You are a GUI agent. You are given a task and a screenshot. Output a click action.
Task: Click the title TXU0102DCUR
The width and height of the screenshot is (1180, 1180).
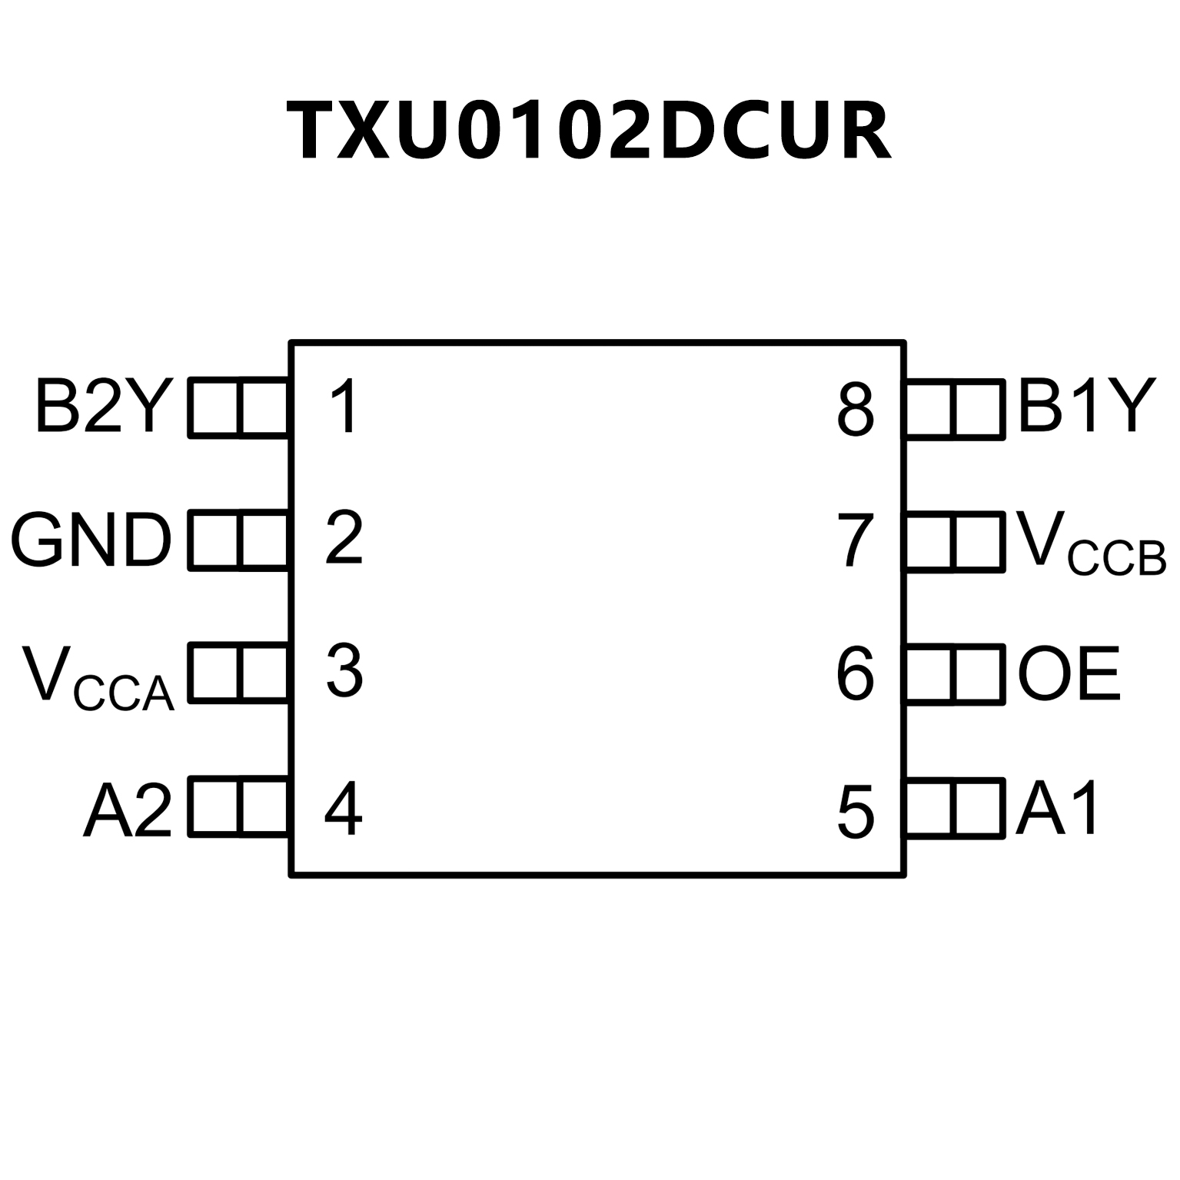(589, 131)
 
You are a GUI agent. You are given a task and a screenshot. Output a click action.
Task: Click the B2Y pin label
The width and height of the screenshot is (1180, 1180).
(101, 406)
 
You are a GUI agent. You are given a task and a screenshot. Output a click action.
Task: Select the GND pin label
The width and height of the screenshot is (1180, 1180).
(91, 540)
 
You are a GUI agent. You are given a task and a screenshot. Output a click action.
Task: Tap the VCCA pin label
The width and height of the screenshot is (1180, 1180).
(98, 676)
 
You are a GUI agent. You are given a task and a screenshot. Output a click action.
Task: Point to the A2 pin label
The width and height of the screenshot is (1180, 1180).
(128, 809)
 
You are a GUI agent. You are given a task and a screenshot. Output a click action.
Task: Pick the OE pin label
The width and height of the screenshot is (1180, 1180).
(1069, 674)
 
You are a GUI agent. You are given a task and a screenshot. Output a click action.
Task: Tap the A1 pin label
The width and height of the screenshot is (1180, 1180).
(1058, 808)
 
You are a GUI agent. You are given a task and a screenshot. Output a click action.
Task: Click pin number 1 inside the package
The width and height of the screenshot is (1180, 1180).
(343, 407)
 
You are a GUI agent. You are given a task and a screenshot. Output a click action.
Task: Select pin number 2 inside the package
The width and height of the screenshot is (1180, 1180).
(343, 538)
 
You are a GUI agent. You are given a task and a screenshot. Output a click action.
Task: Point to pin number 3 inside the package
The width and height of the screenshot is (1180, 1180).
(344, 671)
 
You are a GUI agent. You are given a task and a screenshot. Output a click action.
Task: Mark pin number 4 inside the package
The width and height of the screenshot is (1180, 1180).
(343, 809)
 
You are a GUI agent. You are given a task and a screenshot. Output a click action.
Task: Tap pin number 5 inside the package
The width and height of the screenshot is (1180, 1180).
(856, 812)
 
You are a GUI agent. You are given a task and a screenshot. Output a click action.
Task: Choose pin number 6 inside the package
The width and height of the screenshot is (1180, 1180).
(856, 675)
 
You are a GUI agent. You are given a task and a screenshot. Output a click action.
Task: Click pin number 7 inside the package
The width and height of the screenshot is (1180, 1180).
(856, 541)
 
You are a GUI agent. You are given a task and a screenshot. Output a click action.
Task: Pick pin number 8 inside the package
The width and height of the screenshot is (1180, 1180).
(856, 410)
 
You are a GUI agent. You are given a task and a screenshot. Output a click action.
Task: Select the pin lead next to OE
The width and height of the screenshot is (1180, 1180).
(956, 674)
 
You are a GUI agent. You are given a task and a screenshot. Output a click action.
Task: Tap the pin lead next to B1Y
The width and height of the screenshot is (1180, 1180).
(956, 409)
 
